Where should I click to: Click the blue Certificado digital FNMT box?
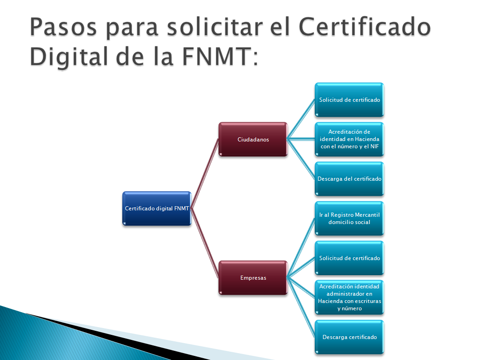coord(156,208)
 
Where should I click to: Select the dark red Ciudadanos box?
coord(253,139)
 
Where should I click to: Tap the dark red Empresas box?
coord(253,277)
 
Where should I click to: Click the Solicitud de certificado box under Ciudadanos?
coord(349,99)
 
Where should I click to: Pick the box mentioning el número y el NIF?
coord(349,139)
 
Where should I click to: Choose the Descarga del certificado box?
coord(349,179)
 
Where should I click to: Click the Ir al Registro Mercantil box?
coord(349,219)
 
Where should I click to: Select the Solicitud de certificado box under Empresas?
coord(349,258)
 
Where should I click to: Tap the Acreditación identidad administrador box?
coord(349,297)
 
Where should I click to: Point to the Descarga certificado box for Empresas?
coord(349,337)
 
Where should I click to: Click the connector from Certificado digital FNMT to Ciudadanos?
coord(205,174)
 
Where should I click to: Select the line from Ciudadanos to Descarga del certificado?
coord(301,159)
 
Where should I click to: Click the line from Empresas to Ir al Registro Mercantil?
coord(301,248)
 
